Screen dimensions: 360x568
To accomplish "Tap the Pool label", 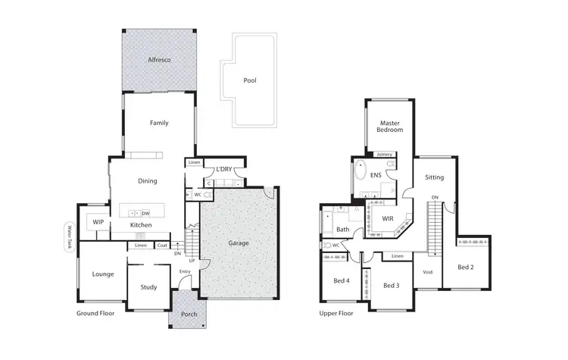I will (250, 80).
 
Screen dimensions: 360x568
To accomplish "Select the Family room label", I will (159, 123).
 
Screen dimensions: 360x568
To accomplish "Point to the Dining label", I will (148, 181).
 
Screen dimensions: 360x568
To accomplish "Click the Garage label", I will (239, 243).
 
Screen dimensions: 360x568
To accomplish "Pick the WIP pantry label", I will (98, 222).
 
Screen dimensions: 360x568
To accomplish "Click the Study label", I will (148, 287).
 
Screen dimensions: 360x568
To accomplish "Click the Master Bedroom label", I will (389, 126).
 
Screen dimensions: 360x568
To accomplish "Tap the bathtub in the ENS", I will (360, 170).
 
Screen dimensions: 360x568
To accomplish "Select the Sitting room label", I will (434, 177).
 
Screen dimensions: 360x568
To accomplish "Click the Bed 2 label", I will (466, 267).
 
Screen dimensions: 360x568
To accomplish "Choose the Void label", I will (428, 272).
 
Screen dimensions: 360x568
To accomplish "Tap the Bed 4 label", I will (342, 281).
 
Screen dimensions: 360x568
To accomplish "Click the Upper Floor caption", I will (336, 312).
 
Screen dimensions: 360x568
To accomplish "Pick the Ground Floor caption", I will (95, 312).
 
